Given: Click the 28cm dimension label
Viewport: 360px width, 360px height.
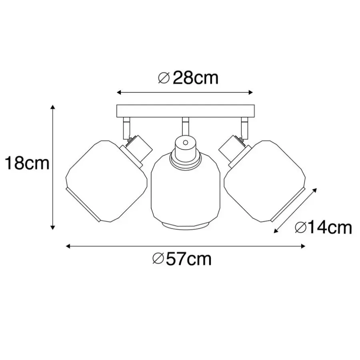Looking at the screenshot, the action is (195, 78).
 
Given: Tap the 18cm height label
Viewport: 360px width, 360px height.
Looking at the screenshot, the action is (27, 163).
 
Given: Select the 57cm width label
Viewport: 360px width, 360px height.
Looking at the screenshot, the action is (188, 259).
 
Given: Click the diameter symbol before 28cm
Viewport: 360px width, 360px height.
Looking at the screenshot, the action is (164, 78).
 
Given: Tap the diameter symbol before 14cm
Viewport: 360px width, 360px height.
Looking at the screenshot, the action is (300, 228).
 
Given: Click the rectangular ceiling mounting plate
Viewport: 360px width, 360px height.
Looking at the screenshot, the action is (186, 111).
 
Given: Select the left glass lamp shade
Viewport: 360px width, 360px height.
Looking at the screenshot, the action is (106, 181).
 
